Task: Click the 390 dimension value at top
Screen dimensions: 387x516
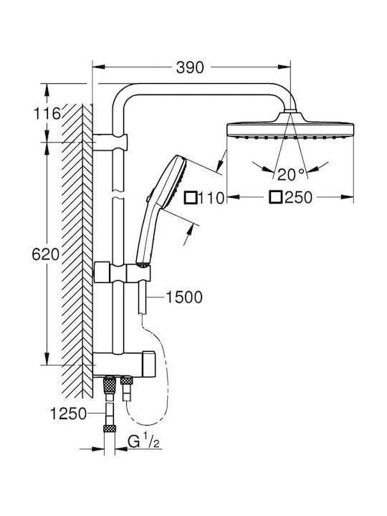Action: pos(190,67)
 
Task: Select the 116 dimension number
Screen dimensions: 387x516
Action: pos(48,114)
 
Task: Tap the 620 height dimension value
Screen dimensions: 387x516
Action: pos(46,254)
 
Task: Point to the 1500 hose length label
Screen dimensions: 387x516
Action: pos(183,297)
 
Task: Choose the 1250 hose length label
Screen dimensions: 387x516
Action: pos(69,414)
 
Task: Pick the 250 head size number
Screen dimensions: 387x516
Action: pos(298,197)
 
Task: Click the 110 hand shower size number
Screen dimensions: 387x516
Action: pos(211,198)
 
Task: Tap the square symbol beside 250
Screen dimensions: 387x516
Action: pos(276,197)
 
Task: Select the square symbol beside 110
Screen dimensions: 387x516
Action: pos(191,198)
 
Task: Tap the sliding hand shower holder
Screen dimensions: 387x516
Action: pos(123,272)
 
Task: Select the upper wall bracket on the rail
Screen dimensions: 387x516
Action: pos(110,142)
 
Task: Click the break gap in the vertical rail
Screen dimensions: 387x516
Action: pos(118,194)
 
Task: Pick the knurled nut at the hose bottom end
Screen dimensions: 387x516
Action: pos(110,428)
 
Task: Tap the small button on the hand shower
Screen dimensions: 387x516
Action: pos(148,199)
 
